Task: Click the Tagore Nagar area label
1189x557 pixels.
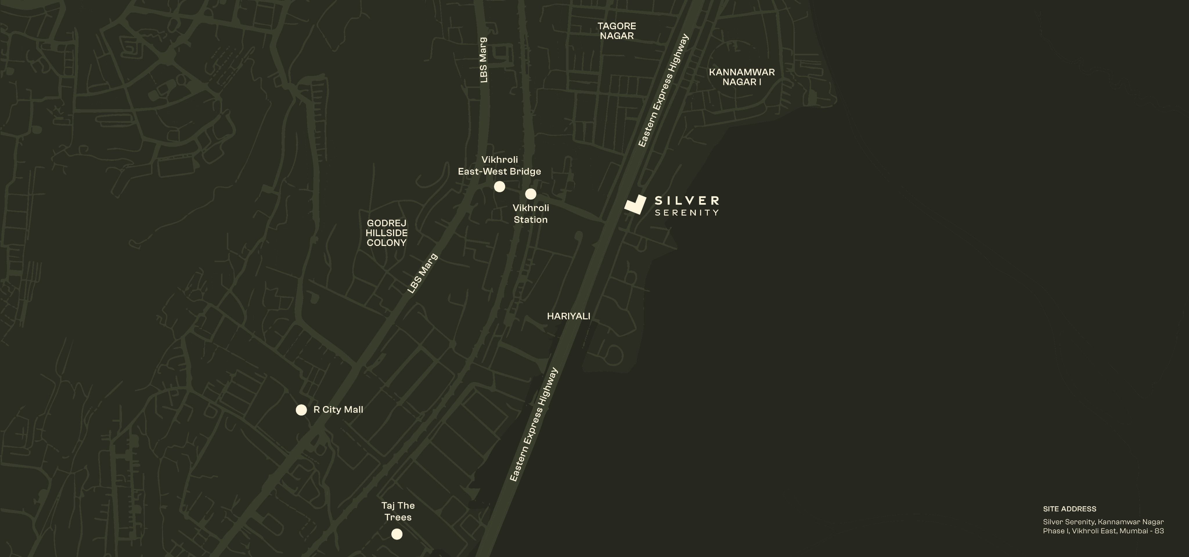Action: click(x=617, y=31)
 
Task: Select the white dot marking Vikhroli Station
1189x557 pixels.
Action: click(x=531, y=194)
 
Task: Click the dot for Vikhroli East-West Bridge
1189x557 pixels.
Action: click(x=499, y=187)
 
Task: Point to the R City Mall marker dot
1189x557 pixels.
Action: click(x=301, y=410)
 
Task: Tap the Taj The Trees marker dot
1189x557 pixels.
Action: click(x=397, y=534)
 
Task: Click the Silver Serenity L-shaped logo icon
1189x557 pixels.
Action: click(x=635, y=205)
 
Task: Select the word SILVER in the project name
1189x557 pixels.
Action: click(x=687, y=200)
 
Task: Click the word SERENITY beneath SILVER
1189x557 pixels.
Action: click(x=687, y=213)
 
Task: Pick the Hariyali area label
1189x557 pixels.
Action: click(x=568, y=316)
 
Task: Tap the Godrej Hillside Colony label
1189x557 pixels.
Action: click(x=386, y=233)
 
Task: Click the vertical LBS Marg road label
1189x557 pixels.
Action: click(x=483, y=60)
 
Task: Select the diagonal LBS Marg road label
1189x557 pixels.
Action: click(x=422, y=274)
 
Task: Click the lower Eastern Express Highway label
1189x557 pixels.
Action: click(x=534, y=425)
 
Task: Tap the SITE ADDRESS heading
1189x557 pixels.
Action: click(x=1069, y=509)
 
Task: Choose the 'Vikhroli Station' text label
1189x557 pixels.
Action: click(x=531, y=214)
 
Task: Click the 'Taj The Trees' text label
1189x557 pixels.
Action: click(x=398, y=511)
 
